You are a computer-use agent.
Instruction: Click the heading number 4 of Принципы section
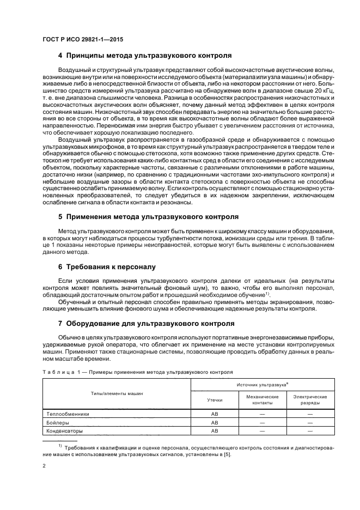[x=60, y=56]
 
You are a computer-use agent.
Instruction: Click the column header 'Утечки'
[x=215, y=400]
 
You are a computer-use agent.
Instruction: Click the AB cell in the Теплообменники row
[x=215, y=414]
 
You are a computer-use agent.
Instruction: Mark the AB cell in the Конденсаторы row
[x=215, y=431]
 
